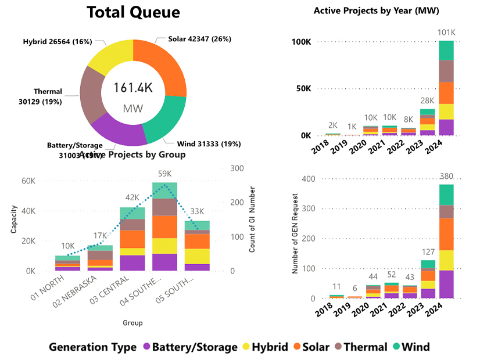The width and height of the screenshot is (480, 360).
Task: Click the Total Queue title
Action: (133, 12)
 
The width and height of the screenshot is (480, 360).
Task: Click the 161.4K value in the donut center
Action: (133, 88)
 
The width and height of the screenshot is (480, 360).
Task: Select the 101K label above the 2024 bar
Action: (446, 32)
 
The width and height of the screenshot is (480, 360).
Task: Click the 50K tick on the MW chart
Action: (302, 89)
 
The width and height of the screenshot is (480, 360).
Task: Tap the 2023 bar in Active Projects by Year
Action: (427, 122)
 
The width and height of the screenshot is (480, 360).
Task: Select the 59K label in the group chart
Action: (165, 173)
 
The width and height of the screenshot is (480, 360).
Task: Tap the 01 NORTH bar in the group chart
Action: (68, 264)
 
